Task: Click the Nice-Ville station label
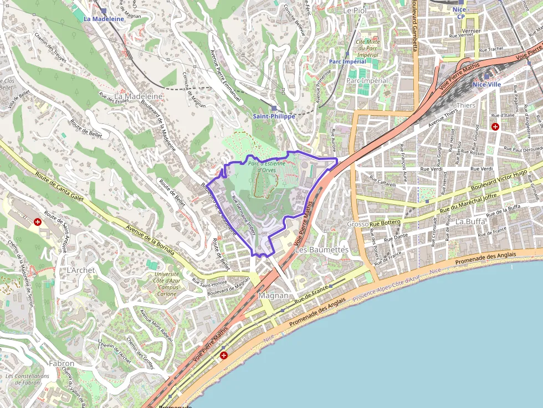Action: coord(486,85)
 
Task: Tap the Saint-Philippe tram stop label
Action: coord(274,116)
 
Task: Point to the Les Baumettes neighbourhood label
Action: coord(322,250)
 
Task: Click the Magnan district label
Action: coord(274,296)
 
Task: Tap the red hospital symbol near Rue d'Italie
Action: coord(495,127)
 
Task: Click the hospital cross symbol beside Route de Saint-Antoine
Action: coord(38,222)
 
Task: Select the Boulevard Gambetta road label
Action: coord(414,33)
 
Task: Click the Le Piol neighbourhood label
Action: coord(355,11)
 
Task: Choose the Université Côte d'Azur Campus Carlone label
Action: coord(167,283)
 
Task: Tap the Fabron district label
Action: coord(62,364)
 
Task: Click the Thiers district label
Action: coord(465,105)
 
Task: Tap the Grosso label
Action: coord(357,224)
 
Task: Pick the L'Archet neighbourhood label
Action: coord(81,270)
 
